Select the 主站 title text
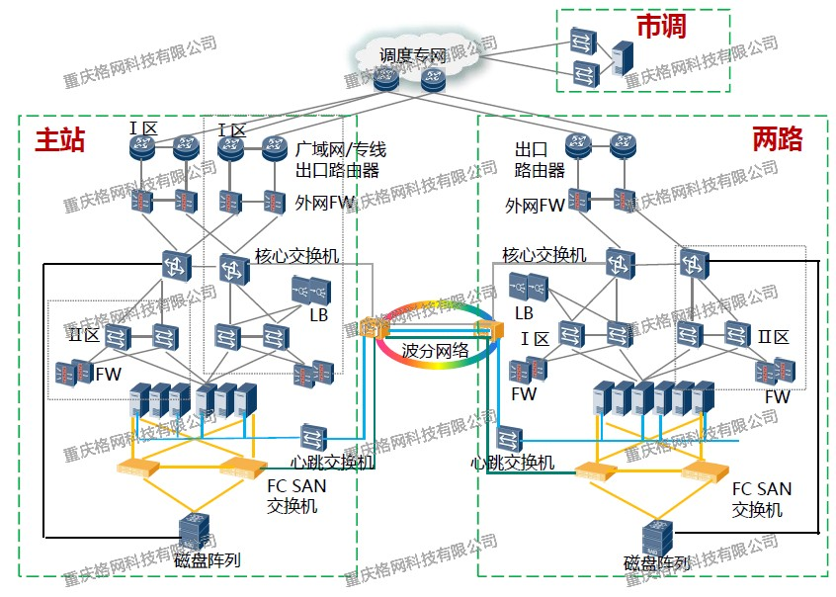(60, 140)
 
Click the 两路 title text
(777, 138)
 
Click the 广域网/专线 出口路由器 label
(340, 160)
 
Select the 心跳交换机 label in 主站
(332, 462)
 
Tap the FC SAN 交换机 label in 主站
(296, 495)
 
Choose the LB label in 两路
(524, 312)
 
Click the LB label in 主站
(318, 315)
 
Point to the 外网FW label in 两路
(535, 206)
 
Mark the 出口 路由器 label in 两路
(540, 160)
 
